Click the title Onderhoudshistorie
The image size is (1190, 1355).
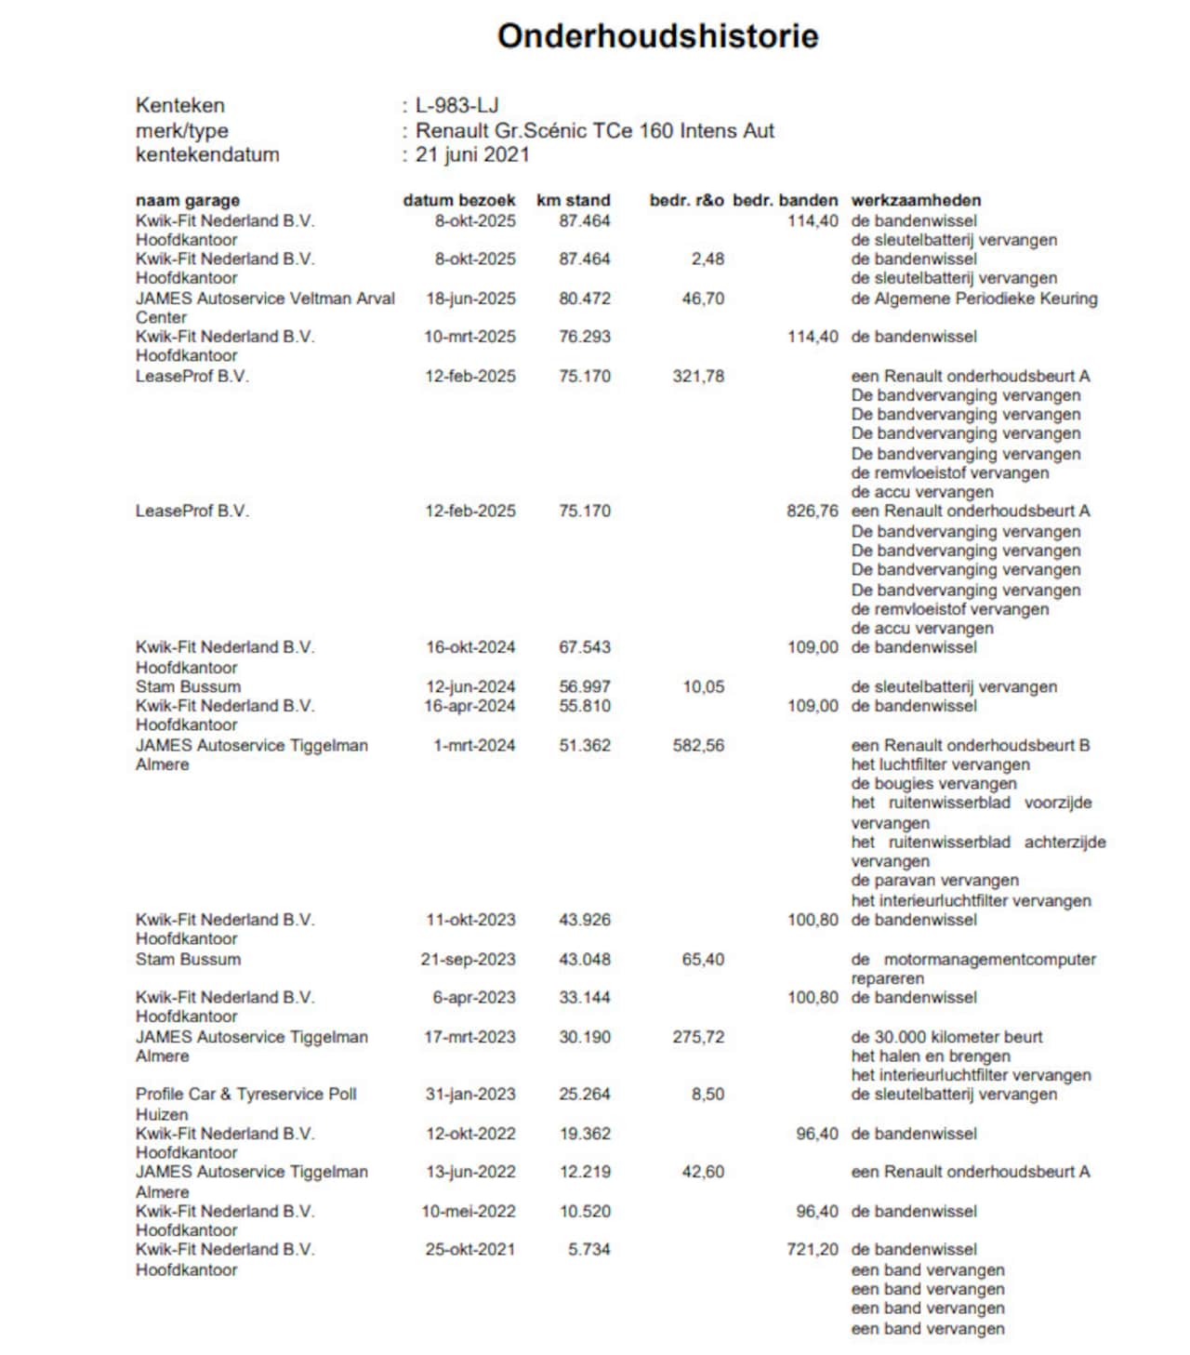click(657, 36)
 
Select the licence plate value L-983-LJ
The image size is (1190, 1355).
click(456, 105)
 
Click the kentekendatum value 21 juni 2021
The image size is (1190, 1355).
click(472, 154)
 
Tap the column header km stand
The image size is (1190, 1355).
click(573, 200)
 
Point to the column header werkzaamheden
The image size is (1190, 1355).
click(916, 200)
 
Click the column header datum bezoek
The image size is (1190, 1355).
click(458, 200)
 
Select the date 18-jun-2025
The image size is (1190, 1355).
click(470, 299)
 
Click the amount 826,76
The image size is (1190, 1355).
click(812, 511)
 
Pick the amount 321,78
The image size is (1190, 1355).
click(698, 376)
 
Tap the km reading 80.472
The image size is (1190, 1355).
click(585, 299)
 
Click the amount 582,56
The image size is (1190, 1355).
click(698, 745)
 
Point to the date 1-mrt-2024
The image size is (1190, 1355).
click(474, 745)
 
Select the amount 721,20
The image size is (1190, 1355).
click(812, 1249)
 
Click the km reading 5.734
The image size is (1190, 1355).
click(589, 1249)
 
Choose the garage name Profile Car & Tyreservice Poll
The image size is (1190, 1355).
click(246, 1094)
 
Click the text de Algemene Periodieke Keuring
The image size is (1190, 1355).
click(974, 299)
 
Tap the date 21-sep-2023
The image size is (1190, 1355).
click(468, 959)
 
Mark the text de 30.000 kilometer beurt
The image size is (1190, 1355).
click(946, 1036)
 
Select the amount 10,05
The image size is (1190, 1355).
click(703, 686)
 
